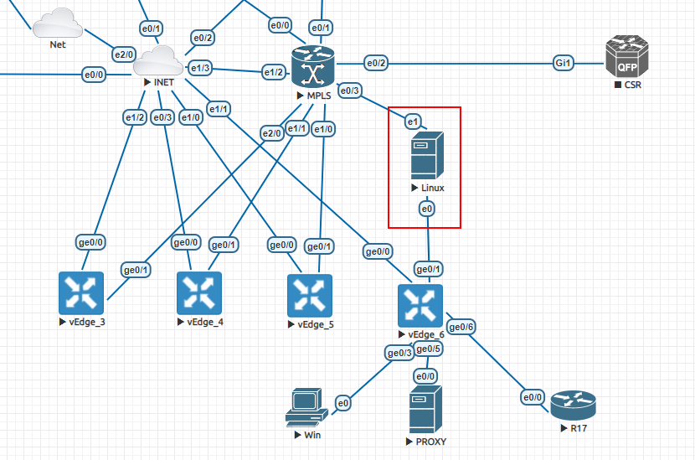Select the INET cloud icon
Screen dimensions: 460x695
click(157, 60)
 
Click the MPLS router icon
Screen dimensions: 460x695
click(313, 66)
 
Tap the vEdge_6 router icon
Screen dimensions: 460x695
click(420, 306)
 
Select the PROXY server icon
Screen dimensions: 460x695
click(425, 409)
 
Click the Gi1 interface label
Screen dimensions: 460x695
click(563, 63)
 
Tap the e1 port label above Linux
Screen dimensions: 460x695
click(412, 122)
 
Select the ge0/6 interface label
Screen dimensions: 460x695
click(461, 327)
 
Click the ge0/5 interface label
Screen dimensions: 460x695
click(428, 349)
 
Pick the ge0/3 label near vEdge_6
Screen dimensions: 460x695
click(399, 354)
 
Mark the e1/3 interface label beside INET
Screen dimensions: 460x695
click(200, 68)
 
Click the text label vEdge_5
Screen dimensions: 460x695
click(315, 324)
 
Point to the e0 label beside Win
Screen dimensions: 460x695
click(342, 404)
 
